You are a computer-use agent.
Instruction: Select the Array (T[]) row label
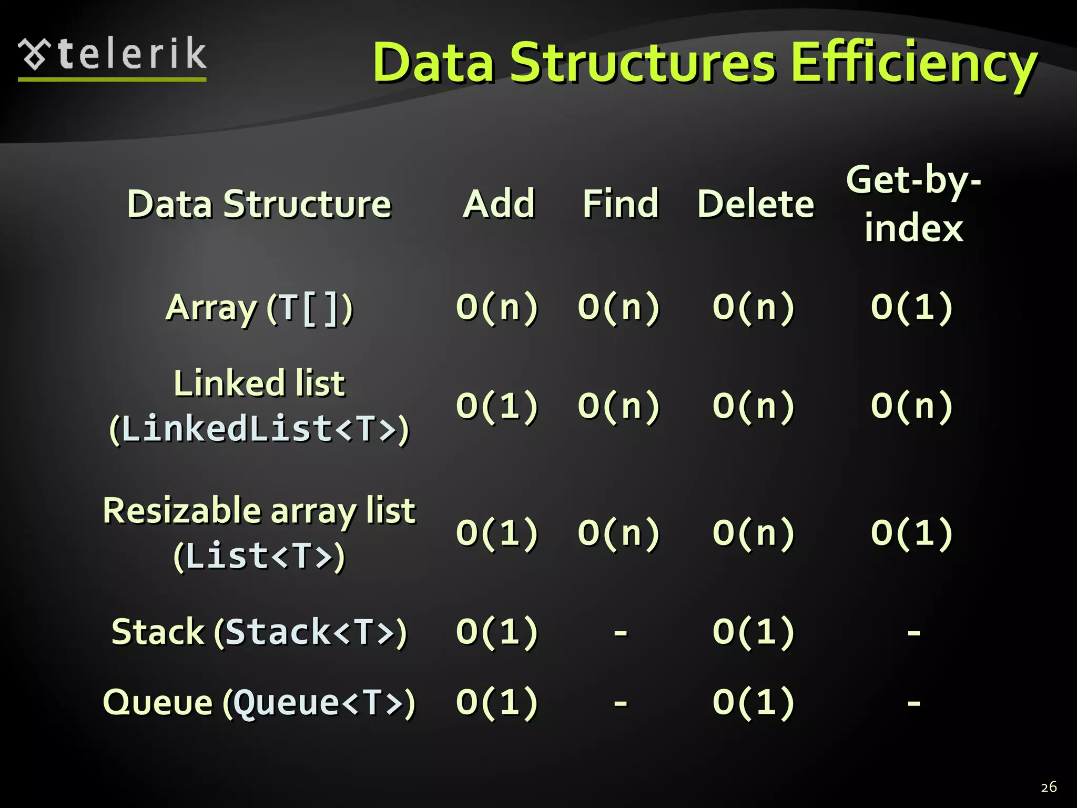259,308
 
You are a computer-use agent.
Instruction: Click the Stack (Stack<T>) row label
259,631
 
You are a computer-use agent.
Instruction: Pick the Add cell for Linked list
497,406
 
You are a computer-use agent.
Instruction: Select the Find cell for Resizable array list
618,533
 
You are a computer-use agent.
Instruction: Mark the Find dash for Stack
621,632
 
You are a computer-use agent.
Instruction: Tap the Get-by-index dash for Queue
913,702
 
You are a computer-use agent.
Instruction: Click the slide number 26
1049,787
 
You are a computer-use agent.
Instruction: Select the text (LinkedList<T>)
259,429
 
